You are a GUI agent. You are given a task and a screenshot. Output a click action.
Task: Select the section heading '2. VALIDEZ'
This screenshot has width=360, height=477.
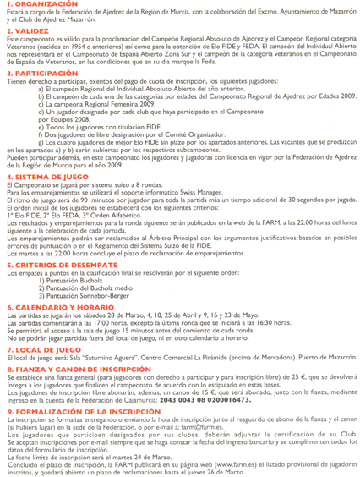25,29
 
